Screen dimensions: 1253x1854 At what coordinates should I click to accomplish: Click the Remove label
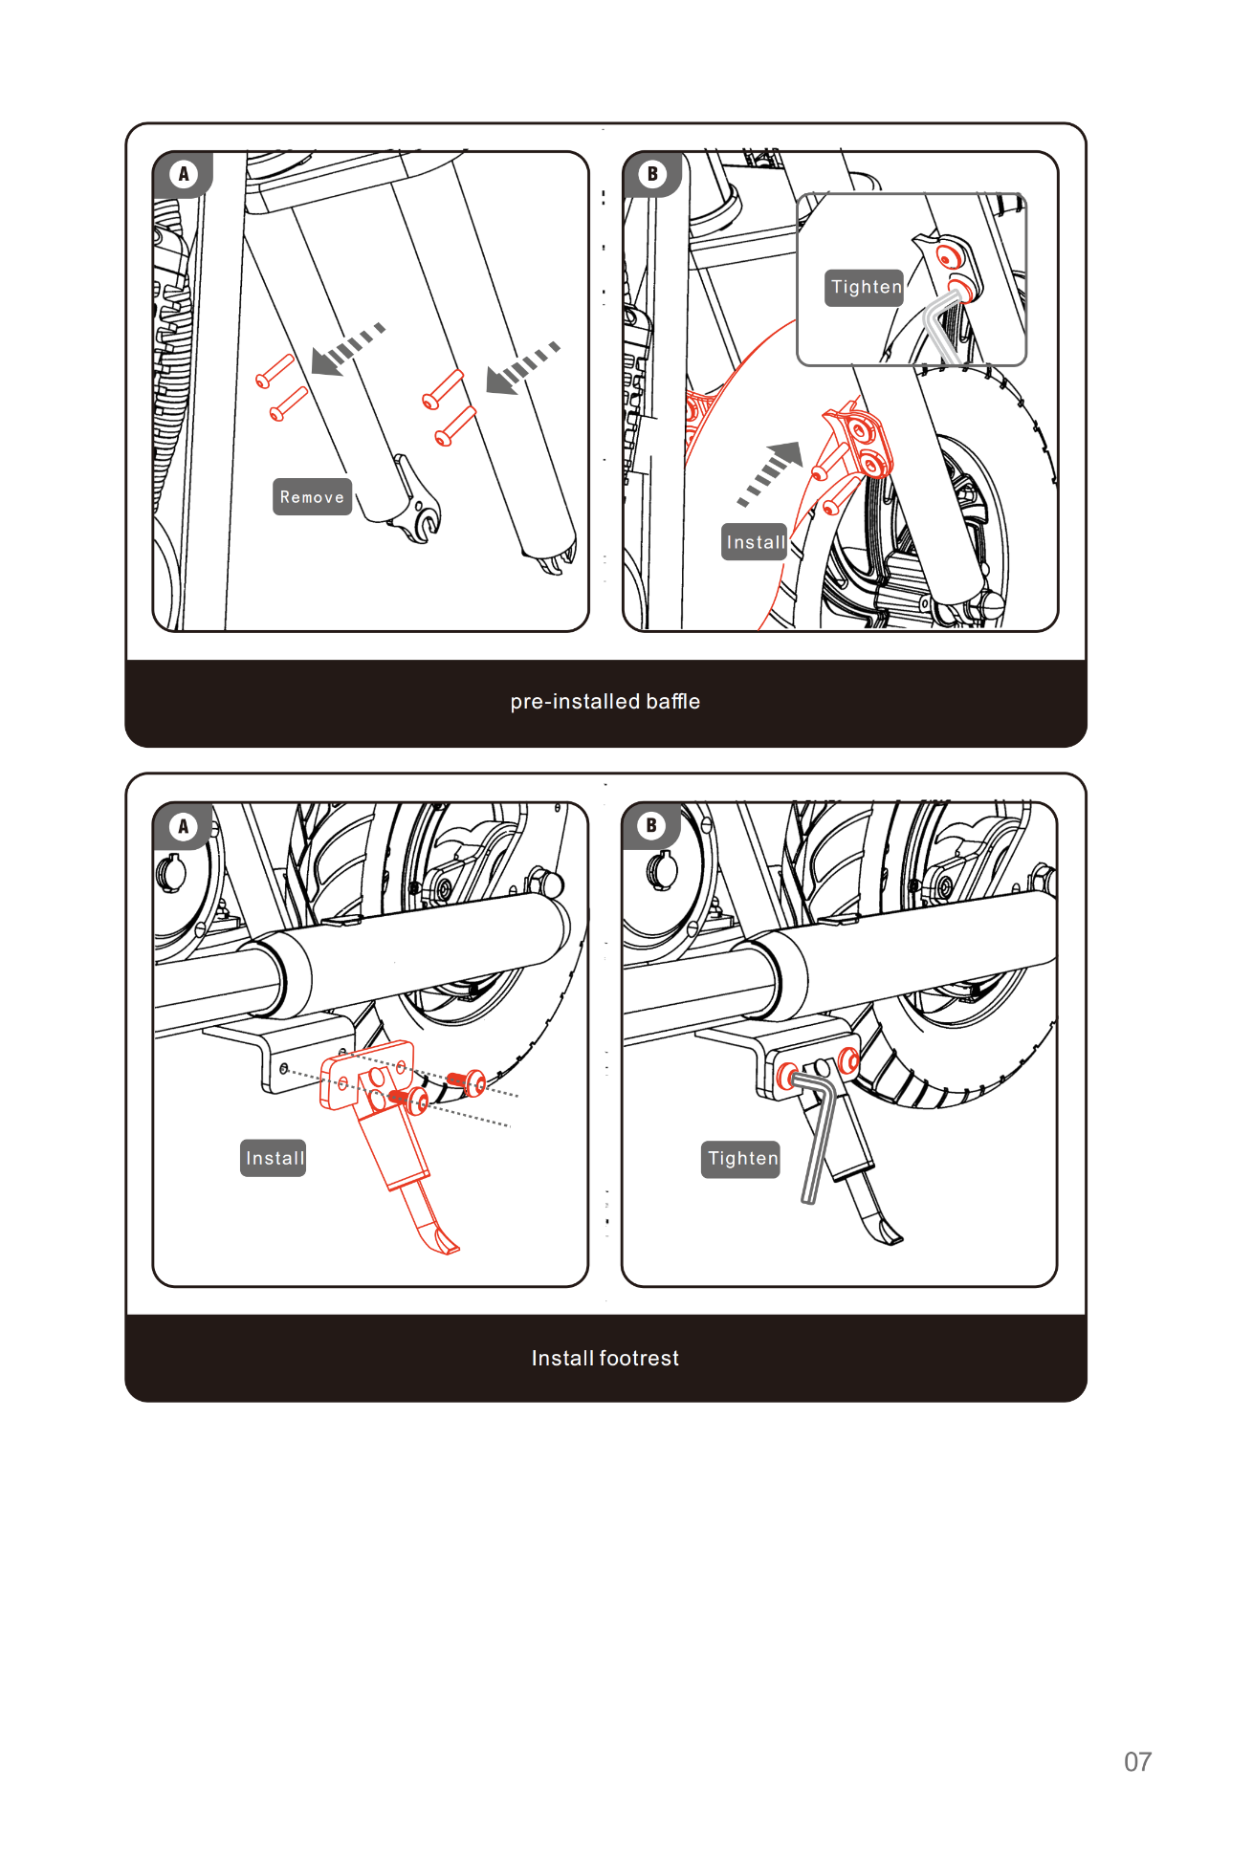click(312, 497)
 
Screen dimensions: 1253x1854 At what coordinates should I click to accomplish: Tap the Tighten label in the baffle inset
click(865, 287)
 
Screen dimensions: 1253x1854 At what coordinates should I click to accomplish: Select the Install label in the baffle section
click(755, 542)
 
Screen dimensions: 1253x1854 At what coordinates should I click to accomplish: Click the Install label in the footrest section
click(274, 1158)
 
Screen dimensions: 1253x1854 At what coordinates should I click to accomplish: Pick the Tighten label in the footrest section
click(741, 1159)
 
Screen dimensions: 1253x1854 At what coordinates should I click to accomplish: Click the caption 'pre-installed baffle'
click(605, 702)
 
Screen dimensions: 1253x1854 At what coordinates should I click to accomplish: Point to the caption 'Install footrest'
click(605, 1358)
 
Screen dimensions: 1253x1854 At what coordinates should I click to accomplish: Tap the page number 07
click(1137, 1761)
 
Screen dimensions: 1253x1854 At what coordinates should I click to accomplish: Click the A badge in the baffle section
click(183, 174)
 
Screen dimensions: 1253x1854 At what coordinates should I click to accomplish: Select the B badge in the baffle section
click(652, 174)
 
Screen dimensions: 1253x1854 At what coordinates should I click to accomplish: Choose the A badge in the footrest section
click(183, 826)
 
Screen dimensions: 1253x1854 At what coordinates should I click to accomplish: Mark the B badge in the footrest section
click(651, 826)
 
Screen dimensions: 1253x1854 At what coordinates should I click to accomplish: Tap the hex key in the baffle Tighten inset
click(942, 325)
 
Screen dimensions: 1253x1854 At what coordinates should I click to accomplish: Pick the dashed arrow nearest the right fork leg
click(522, 368)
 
